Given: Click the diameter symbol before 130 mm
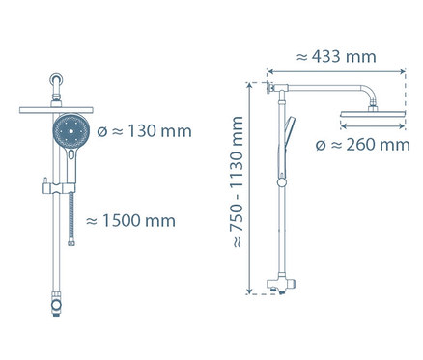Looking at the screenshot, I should [106, 131].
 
